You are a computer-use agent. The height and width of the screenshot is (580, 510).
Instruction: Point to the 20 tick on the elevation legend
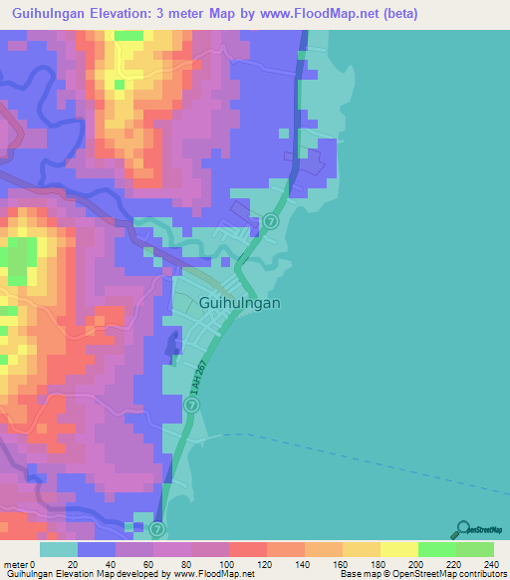click(x=72, y=563)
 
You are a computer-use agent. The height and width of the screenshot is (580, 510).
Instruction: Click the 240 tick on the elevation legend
click(x=487, y=563)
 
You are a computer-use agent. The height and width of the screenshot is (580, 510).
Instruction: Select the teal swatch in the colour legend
click(x=59, y=549)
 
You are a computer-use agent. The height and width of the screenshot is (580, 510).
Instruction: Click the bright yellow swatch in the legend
click(x=398, y=549)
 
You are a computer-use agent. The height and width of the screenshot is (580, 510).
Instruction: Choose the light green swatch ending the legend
click(x=475, y=549)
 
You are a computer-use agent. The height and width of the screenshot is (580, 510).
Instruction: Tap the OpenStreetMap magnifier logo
click(x=464, y=531)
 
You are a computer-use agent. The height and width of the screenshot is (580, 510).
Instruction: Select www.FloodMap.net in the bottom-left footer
click(x=213, y=574)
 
